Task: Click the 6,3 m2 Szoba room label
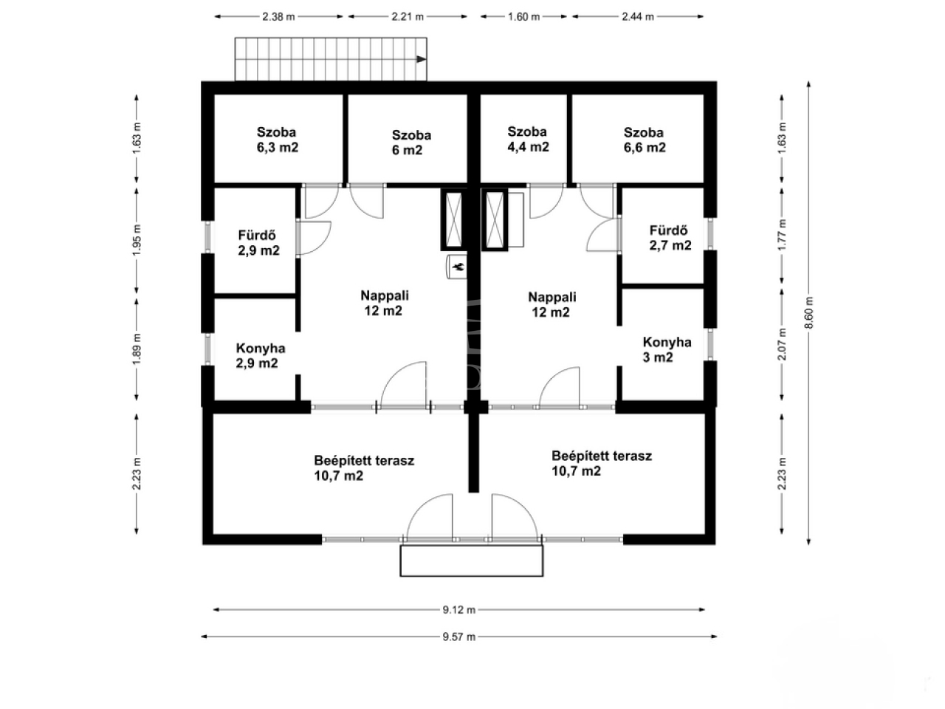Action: point(278,140)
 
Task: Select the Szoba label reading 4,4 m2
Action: point(528,139)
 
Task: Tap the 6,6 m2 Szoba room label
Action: point(645,140)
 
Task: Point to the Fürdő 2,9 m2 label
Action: point(258,243)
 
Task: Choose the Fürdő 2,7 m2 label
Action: point(670,238)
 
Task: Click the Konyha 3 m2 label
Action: point(667,349)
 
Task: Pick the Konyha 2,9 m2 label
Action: point(260,355)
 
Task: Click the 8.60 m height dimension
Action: point(809,312)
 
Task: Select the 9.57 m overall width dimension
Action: point(459,637)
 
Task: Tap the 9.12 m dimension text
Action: point(459,609)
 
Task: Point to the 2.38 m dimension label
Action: point(278,17)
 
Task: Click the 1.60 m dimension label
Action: point(523,17)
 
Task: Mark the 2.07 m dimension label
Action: point(783,344)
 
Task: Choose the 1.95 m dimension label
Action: point(137,240)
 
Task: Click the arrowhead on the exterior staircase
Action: point(421,59)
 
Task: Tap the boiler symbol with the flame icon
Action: point(457,267)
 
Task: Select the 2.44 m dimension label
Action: point(638,17)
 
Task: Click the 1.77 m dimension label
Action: point(783,235)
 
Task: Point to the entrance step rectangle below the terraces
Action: point(472,561)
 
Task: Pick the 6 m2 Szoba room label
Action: point(411,143)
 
